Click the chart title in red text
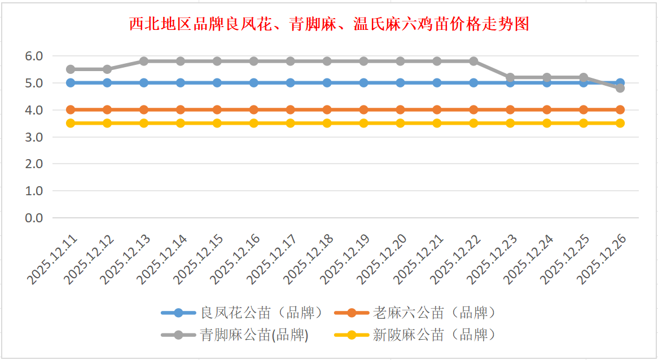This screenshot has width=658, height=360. coord(329,24)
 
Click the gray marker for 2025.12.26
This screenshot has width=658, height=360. coord(620,88)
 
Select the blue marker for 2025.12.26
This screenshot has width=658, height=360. coord(620,82)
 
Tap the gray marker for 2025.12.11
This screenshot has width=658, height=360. coord(71,69)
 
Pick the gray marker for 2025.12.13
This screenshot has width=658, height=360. coord(144,61)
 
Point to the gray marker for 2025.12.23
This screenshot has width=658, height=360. coord(510,77)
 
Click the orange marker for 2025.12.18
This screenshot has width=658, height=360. coord(327,109)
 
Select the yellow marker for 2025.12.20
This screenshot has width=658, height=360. coord(400,123)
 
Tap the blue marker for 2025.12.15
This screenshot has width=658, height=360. coord(217,83)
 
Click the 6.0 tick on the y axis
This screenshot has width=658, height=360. coord(33,56)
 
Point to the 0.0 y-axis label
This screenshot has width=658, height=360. coord(33,218)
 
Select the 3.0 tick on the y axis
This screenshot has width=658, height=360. coord(33,137)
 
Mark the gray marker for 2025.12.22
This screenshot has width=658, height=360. coord(473,61)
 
